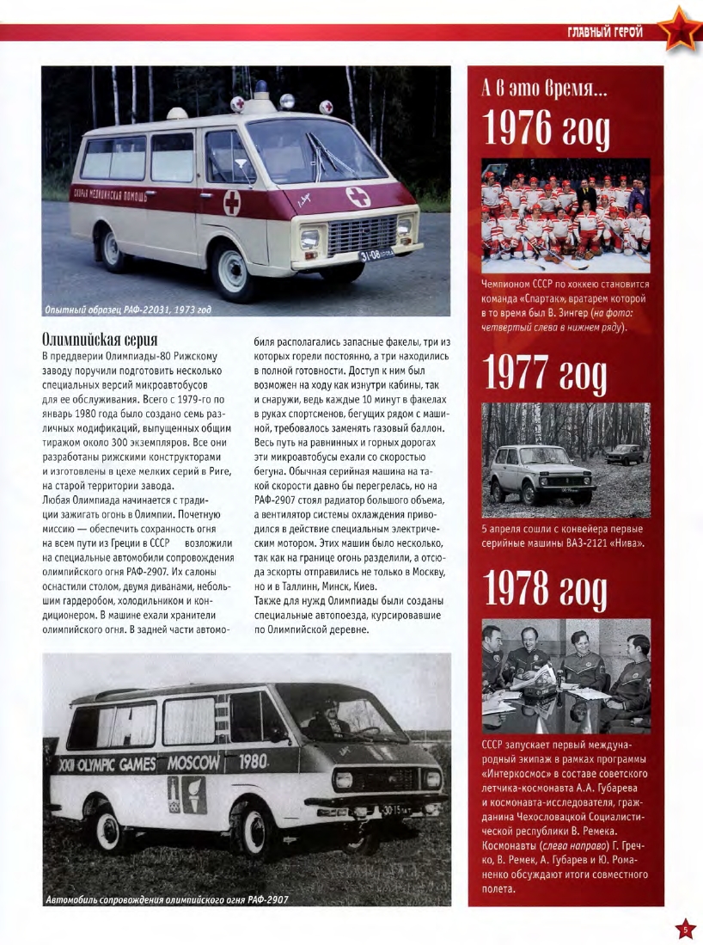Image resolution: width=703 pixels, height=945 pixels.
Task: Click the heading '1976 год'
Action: tap(548, 130)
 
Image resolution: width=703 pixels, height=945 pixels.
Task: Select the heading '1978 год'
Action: tap(548, 589)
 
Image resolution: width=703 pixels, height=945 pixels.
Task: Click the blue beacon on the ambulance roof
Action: tap(260, 89)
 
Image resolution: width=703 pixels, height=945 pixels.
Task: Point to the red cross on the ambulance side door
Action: tap(233, 203)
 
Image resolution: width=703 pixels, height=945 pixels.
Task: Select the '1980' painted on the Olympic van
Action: tap(254, 761)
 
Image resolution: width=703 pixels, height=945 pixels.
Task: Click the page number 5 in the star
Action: tap(685, 928)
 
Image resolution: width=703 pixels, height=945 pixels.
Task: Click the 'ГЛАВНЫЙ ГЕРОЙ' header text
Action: tap(606, 33)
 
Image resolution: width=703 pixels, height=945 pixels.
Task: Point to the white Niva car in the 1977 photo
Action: tap(540, 473)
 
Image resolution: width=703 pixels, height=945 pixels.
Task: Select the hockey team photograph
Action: tap(565, 216)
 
